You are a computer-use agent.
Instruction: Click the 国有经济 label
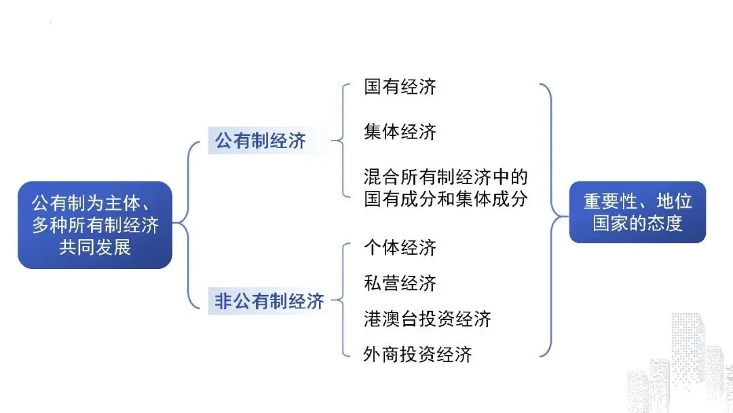[400, 87]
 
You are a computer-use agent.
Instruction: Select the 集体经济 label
[400, 132]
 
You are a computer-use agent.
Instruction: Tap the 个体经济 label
[400, 248]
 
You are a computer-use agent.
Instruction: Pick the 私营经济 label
[400, 283]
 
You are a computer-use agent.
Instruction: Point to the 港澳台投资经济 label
[427, 319]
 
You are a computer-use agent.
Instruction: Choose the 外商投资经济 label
[417, 354]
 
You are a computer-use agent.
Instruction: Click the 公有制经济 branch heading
[261, 141]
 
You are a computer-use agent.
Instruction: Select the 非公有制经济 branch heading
[269, 302]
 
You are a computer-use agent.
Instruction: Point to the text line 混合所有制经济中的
[445, 179]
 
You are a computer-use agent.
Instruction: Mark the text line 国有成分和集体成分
[445, 200]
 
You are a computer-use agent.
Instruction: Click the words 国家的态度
[637, 223]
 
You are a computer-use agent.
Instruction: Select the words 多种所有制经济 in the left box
[95, 225]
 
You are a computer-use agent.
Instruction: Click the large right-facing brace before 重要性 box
[551, 219]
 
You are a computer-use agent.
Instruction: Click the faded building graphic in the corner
[679, 367]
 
